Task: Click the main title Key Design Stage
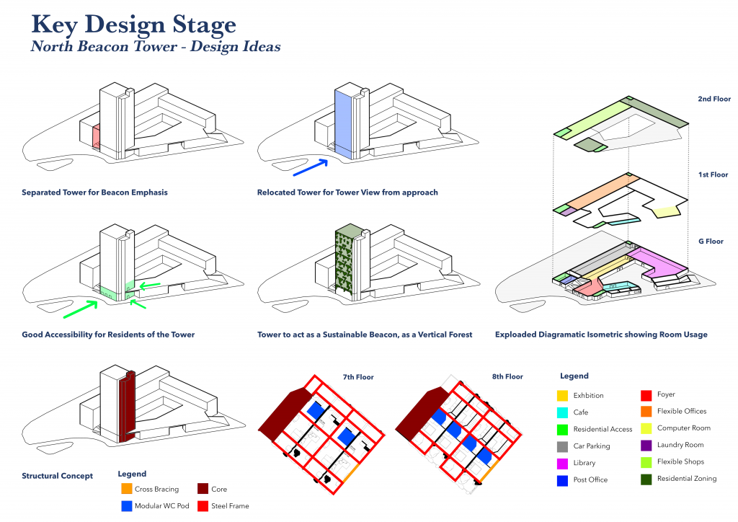[134, 25]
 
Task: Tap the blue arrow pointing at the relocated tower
[311, 167]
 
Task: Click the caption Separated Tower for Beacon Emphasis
[94, 193]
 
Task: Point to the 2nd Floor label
[713, 99]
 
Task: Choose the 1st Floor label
[714, 174]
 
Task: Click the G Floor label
[716, 242]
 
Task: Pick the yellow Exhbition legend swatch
[562, 396]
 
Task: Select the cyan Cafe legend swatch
[562, 412]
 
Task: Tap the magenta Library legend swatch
[562, 463]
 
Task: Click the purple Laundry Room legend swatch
[646, 445]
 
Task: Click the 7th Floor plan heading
[358, 377]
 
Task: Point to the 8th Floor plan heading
[508, 376]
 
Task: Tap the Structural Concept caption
[57, 476]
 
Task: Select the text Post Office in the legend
[590, 479]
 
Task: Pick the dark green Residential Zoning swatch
[646, 479]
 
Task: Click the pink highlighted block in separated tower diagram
[95, 135]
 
